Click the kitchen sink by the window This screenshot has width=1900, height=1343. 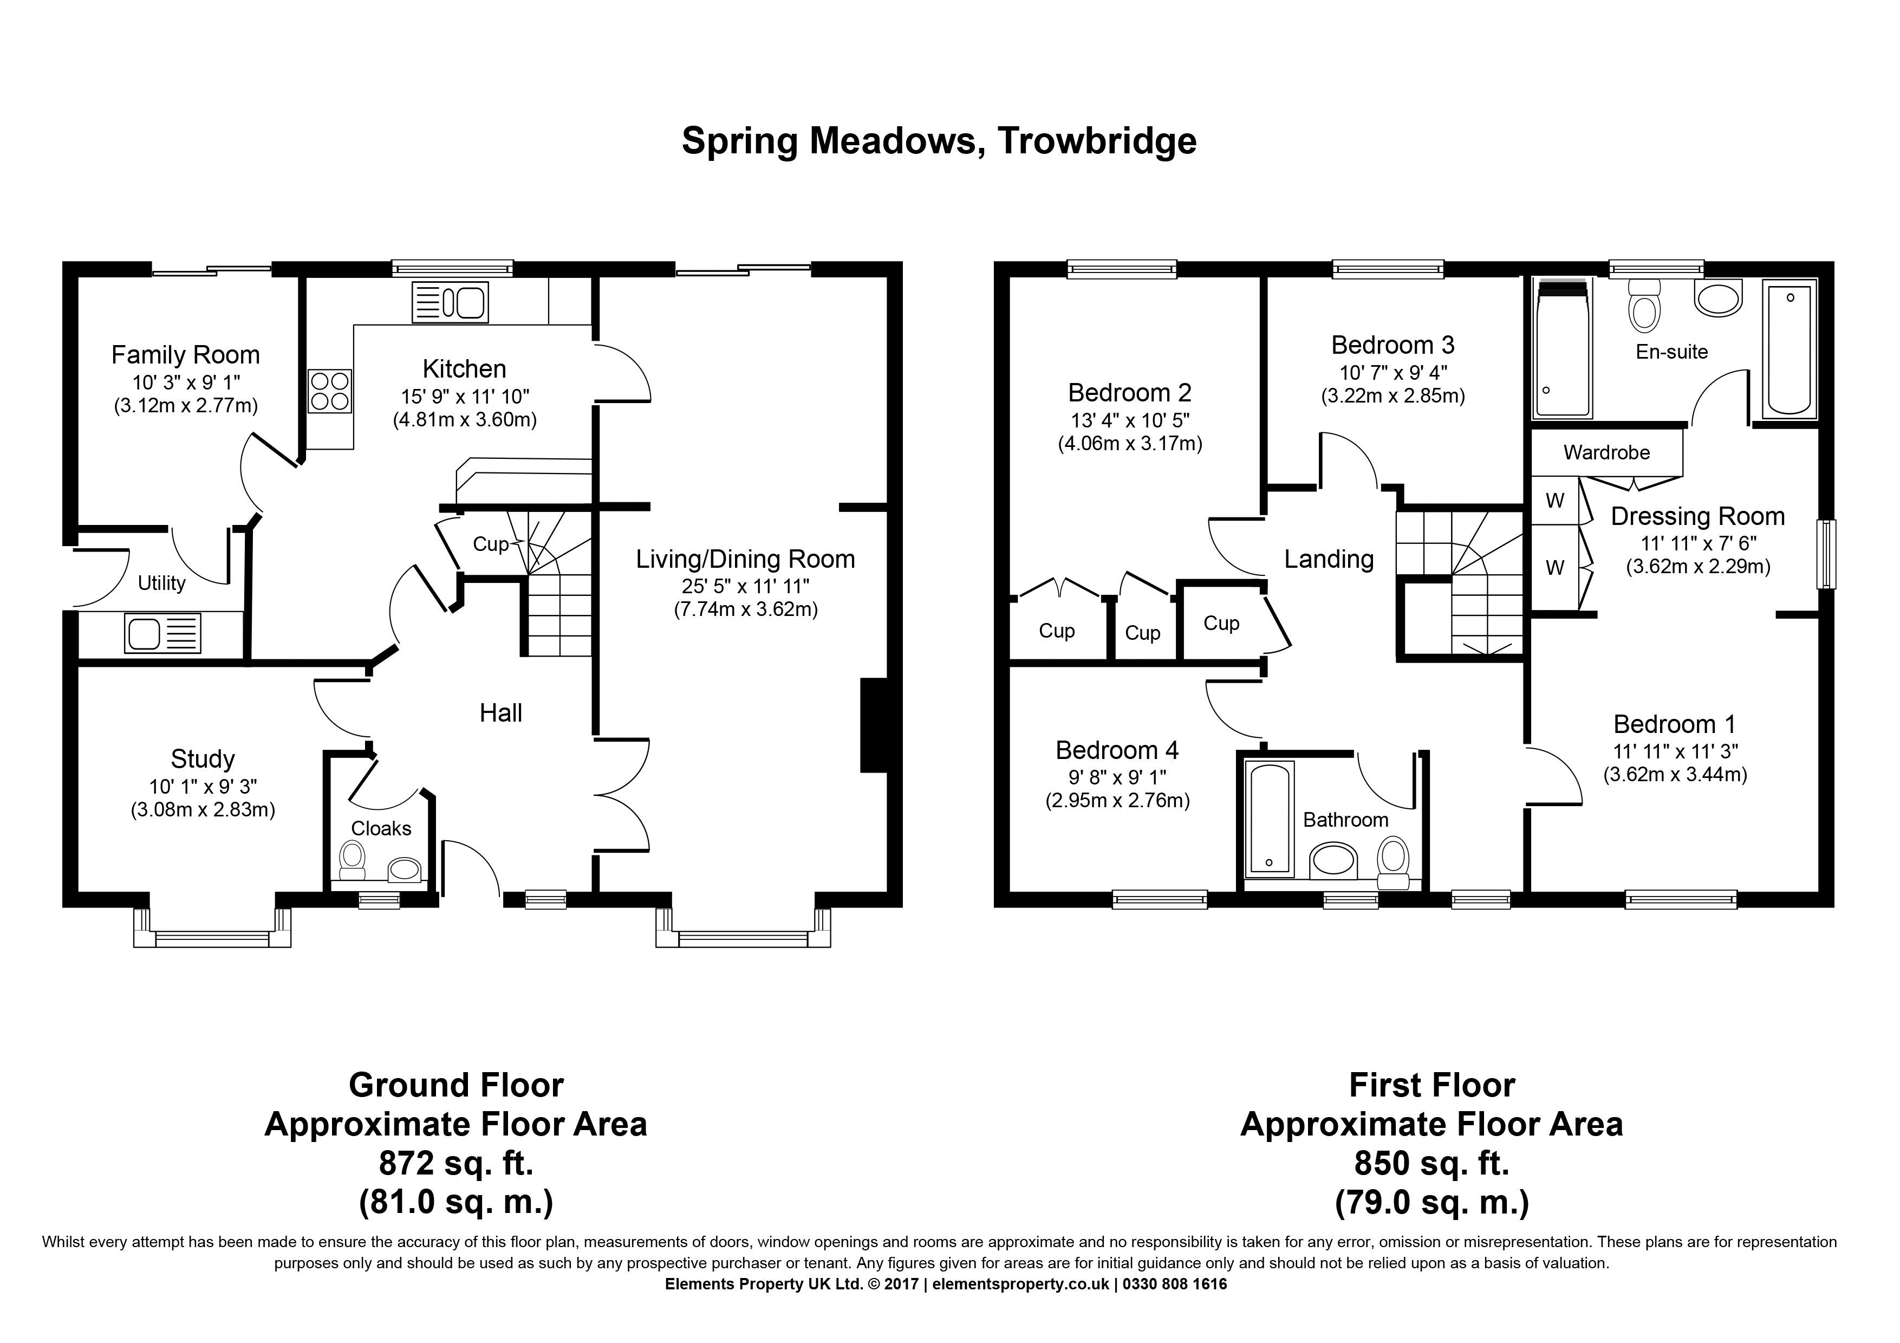click(x=450, y=302)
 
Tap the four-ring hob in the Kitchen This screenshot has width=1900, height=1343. click(x=329, y=391)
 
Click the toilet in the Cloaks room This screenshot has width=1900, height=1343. click(x=353, y=861)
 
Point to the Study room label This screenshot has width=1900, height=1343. click(x=203, y=759)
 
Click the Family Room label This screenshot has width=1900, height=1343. click(x=185, y=355)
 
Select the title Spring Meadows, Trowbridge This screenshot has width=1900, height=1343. click(x=939, y=141)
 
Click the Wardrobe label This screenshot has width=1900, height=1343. click(x=1606, y=452)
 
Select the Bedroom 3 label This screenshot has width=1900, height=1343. click(x=1393, y=345)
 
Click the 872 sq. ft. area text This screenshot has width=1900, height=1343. click(x=456, y=1164)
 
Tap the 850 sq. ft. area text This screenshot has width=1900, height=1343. click(x=1431, y=1164)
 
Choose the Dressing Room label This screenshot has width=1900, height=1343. click(x=1697, y=516)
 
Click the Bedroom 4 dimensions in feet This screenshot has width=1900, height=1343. click(x=1118, y=778)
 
